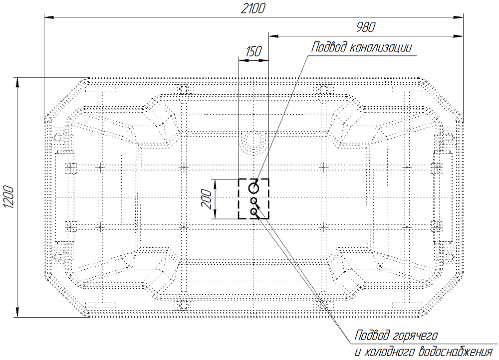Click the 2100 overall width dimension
(x=252, y=8)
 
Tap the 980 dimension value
(x=366, y=27)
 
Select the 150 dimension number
(x=253, y=51)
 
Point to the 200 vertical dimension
(x=207, y=199)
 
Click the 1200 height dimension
(x=8, y=197)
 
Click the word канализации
(x=381, y=47)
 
